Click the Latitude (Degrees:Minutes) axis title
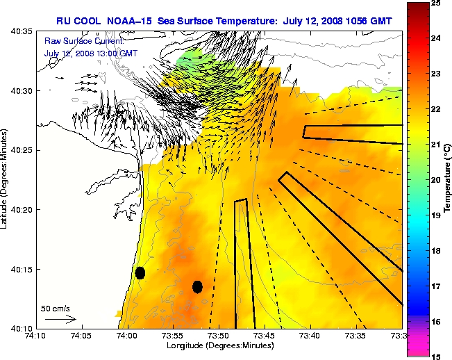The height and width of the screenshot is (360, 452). (x=6, y=180)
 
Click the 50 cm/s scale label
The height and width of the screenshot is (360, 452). (x=55, y=308)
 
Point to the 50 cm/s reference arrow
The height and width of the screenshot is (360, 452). (x=60, y=319)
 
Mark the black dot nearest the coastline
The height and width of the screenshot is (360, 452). (x=140, y=272)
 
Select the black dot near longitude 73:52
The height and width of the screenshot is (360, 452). (x=197, y=286)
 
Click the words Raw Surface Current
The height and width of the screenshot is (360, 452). (x=76, y=42)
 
